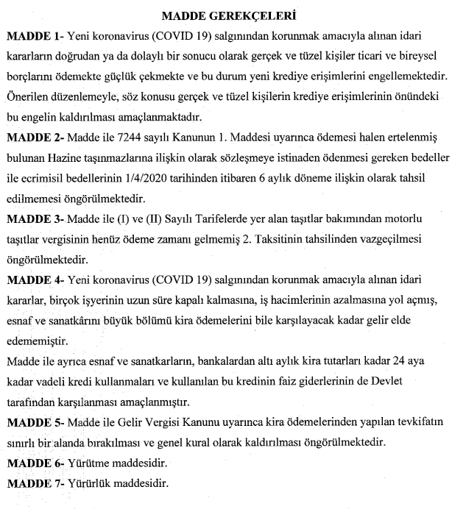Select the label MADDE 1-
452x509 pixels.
pos(34,35)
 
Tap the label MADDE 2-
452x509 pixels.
pos(34,137)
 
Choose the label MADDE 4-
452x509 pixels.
pos(34,280)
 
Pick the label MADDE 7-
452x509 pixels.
pos(34,485)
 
